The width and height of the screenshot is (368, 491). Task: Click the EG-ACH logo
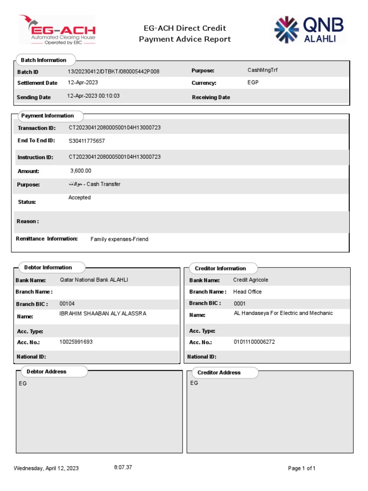pyautogui.click(x=57, y=30)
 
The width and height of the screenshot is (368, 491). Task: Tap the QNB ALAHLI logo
pyautogui.click(x=309, y=30)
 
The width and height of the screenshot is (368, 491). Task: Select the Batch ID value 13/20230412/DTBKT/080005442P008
pyautogui.click(x=113, y=71)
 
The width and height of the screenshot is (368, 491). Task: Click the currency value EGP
pyautogui.click(x=253, y=82)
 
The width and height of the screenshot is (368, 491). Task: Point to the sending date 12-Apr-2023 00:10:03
pyautogui.click(x=93, y=96)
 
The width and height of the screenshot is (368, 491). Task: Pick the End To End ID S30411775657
pyautogui.click(x=87, y=141)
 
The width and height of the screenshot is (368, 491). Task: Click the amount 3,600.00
pyautogui.click(x=80, y=171)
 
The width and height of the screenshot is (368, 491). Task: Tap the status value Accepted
pyautogui.click(x=80, y=198)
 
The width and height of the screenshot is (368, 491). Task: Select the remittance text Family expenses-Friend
pyautogui.click(x=119, y=239)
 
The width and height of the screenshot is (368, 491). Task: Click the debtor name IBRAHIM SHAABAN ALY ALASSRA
pyautogui.click(x=103, y=314)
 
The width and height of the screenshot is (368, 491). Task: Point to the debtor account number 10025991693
pyautogui.click(x=76, y=342)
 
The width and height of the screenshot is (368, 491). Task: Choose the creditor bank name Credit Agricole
pyautogui.click(x=251, y=280)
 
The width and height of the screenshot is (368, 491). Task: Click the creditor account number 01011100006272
pyautogui.click(x=254, y=342)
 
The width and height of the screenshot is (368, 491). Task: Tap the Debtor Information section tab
pyautogui.click(x=48, y=268)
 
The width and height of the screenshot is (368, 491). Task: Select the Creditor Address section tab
pyautogui.click(x=219, y=373)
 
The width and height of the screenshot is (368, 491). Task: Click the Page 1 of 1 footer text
pyautogui.click(x=301, y=468)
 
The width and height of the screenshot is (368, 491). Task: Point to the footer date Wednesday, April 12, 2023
pyautogui.click(x=46, y=468)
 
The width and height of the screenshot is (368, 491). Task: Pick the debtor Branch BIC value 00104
pyautogui.click(x=67, y=304)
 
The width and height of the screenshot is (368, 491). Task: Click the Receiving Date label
pyautogui.click(x=211, y=97)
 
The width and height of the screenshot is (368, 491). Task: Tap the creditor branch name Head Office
pyautogui.click(x=247, y=292)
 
